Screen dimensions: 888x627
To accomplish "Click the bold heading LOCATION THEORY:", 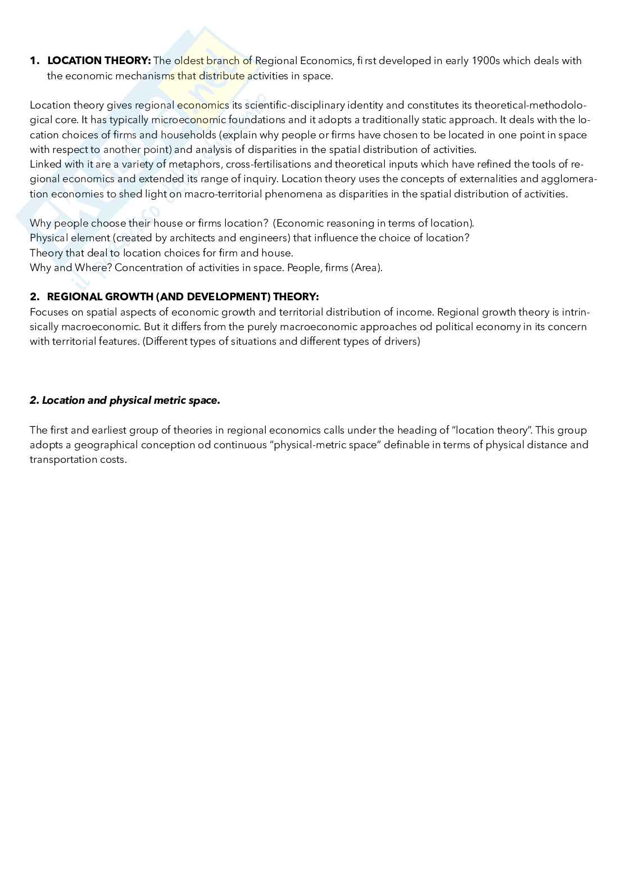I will pyautogui.click(x=99, y=61).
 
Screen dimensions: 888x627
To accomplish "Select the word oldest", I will pyautogui.click(x=190, y=61).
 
